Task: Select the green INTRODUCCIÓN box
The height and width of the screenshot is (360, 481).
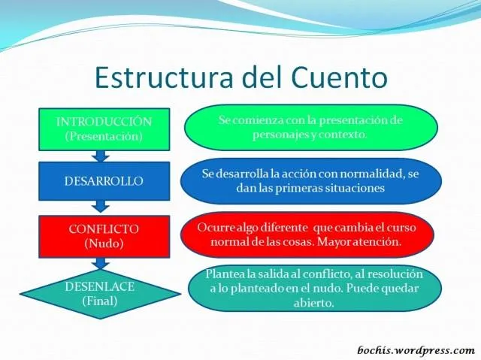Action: (x=104, y=129)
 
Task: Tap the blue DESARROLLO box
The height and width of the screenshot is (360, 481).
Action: (x=104, y=181)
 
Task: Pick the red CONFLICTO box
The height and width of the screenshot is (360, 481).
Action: (x=104, y=236)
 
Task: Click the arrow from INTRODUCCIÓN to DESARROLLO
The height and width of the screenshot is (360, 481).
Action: (x=100, y=156)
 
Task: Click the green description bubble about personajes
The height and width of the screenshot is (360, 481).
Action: (x=310, y=128)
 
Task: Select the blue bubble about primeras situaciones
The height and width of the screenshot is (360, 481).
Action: (x=310, y=181)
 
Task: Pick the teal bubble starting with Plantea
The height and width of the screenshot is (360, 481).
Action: (x=314, y=289)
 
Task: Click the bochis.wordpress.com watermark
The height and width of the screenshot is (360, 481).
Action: (x=415, y=350)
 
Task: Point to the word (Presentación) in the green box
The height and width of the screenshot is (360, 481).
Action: (x=104, y=136)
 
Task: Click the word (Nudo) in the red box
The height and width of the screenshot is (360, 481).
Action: (x=104, y=244)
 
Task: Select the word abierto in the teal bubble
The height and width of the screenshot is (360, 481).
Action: (x=314, y=304)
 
